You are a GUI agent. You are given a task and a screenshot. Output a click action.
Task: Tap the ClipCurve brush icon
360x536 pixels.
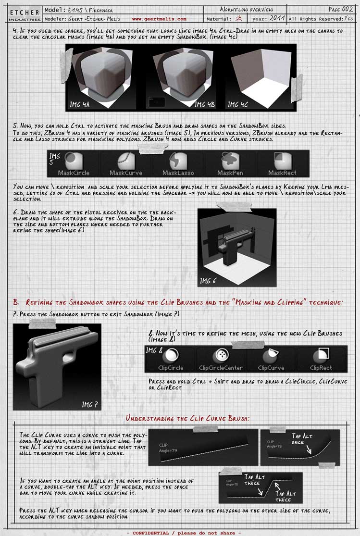click(x=270, y=356)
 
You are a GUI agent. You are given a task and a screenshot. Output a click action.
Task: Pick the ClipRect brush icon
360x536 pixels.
click(x=321, y=356)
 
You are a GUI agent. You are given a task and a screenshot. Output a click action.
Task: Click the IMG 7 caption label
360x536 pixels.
click(x=90, y=404)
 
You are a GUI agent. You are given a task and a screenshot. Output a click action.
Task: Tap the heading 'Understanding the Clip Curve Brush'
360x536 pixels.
click(x=187, y=418)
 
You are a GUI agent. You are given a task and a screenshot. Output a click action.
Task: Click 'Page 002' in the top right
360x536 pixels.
click(x=340, y=9)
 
